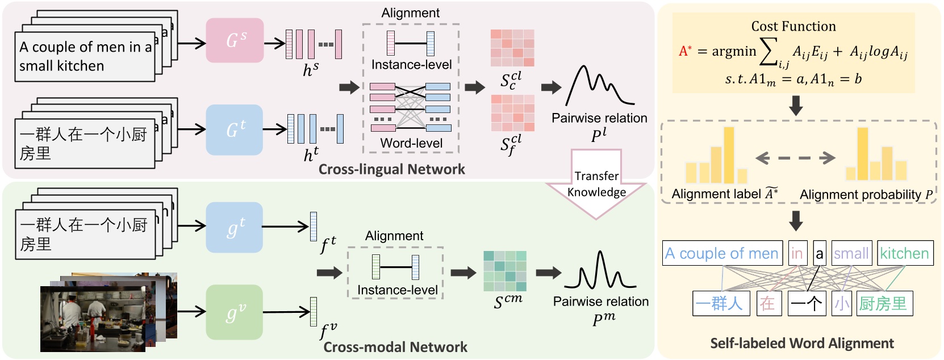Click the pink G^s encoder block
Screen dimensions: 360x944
coord(235,40)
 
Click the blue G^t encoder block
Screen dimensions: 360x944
coord(234,130)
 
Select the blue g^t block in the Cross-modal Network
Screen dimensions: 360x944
coord(234,227)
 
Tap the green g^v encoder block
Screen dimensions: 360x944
coord(234,312)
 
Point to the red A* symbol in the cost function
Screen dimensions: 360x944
coord(684,51)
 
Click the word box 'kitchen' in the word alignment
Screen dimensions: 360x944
coord(905,253)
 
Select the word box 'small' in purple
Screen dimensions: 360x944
coord(851,253)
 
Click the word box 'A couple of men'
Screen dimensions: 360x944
coord(721,253)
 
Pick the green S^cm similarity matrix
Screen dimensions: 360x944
coord(504,271)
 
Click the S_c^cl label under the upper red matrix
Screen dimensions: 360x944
coord(511,80)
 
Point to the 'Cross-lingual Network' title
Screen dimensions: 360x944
coord(391,169)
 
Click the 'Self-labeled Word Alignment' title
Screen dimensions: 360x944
coord(801,343)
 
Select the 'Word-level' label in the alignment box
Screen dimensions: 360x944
coord(411,143)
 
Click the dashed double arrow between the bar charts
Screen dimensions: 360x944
coord(795,158)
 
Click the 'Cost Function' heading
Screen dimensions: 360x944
coord(793,26)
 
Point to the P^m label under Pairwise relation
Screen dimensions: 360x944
coord(603,319)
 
